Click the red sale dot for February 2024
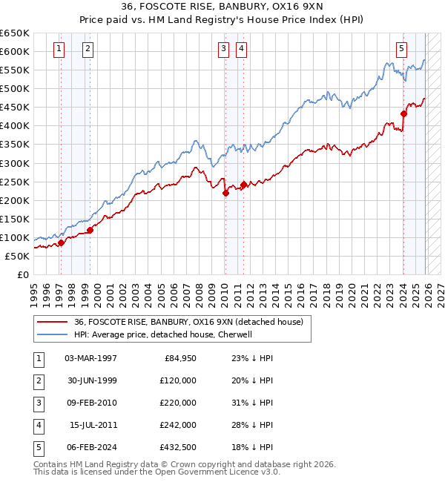click(403, 113)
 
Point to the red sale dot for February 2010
click(225, 193)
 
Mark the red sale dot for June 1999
click(90, 230)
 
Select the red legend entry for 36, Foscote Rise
click(188, 323)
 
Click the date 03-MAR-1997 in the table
click(90, 358)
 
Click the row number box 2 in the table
click(37, 380)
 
